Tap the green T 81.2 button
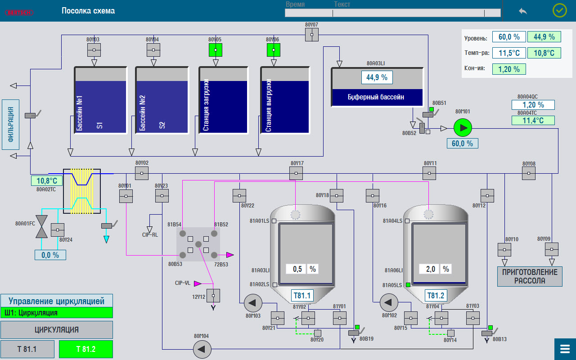pyautogui.click(x=85, y=349)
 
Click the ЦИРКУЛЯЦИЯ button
pyautogui.click(x=56, y=330)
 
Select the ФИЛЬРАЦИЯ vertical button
pyautogui.click(x=11, y=125)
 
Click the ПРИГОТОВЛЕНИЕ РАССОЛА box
pyautogui.click(x=530, y=276)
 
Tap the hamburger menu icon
pyautogui.click(x=565, y=349)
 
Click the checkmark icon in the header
pyautogui.click(x=559, y=10)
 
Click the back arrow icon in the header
pyautogui.click(x=523, y=11)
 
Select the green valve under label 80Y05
pyautogui.click(x=216, y=49)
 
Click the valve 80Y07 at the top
pyautogui.click(x=311, y=35)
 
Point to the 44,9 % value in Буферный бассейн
pyautogui.click(x=377, y=77)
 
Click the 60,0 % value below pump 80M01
pyautogui.click(x=462, y=144)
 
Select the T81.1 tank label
pyautogui.click(x=302, y=296)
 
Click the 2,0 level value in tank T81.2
pyautogui.click(x=430, y=269)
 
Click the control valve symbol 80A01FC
pyautogui.click(x=41, y=226)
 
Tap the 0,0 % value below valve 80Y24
pyautogui.click(x=50, y=255)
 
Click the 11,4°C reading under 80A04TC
pyautogui.click(x=533, y=121)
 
